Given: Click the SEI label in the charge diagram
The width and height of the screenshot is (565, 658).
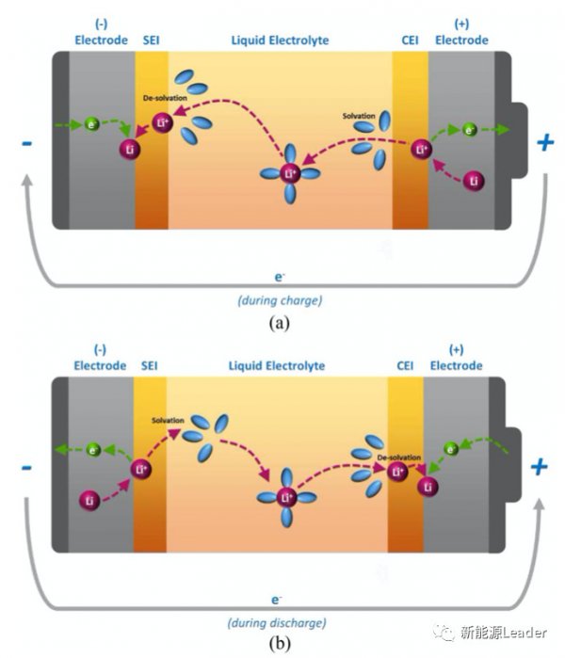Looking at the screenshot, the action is (x=151, y=40).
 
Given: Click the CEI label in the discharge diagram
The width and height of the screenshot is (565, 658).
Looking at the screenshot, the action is (x=405, y=365).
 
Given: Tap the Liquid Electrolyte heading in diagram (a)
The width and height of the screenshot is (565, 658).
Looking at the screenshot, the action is (x=280, y=40).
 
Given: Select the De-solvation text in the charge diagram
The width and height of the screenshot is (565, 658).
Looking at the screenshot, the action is (x=165, y=98).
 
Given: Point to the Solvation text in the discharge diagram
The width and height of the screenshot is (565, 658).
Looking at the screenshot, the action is (x=168, y=420).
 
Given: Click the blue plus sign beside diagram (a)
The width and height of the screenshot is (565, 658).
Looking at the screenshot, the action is (x=545, y=143).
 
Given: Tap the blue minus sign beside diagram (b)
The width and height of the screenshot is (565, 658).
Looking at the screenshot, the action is (x=26, y=467).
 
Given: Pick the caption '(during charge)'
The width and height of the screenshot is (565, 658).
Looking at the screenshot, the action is (x=280, y=300).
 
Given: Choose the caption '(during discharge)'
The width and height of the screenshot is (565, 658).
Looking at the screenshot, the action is (x=277, y=623).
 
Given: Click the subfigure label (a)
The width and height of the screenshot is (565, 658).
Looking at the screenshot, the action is (x=279, y=323).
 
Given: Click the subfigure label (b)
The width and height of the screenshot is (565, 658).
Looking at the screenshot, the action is (x=279, y=643).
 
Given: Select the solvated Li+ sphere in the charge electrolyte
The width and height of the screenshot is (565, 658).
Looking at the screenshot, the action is (x=290, y=173).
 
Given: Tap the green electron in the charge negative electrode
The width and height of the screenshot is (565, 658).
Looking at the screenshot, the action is (x=92, y=124).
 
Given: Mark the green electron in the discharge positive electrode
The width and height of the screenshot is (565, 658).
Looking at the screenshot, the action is (x=451, y=449).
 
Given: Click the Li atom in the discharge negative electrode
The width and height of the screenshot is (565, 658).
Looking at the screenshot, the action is (x=89, y=500).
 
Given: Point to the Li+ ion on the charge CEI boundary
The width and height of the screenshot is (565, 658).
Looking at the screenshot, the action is (x=422, y=150).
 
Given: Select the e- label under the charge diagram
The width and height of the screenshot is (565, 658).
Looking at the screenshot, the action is (x=279, y=277).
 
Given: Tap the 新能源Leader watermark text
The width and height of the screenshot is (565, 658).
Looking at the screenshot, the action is (x=503, y=633).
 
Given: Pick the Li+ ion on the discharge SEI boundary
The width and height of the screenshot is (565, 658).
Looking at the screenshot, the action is (x=140, y=469).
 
